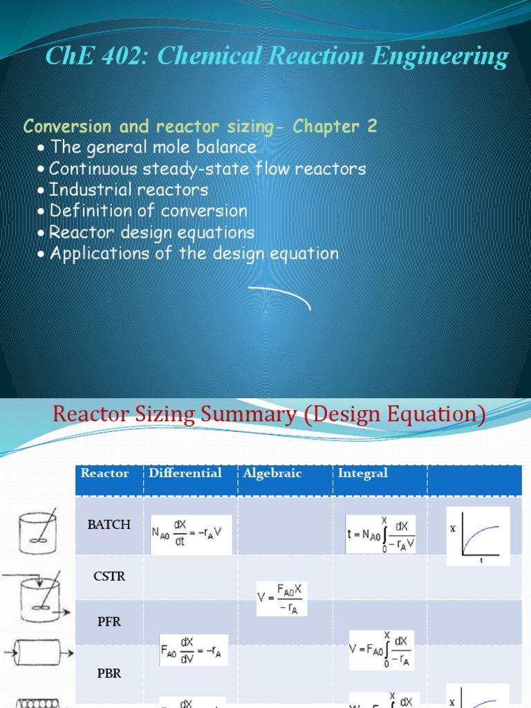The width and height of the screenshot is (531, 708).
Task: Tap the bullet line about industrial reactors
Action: tap(129, 189)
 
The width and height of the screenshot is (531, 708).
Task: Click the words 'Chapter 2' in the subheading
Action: tap(335, 127)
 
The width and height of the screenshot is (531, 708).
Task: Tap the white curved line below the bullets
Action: tap(279, 295)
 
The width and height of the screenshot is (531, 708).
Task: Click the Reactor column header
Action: tap(105, 474)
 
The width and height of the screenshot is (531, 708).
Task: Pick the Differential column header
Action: tap(185, 474)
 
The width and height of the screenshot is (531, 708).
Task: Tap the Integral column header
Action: tap(363, 474)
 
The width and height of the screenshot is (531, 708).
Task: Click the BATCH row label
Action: tap(109, 525)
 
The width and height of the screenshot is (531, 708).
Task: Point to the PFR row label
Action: tap(109, 622)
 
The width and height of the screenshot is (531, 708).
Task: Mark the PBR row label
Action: tap(109, 673)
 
